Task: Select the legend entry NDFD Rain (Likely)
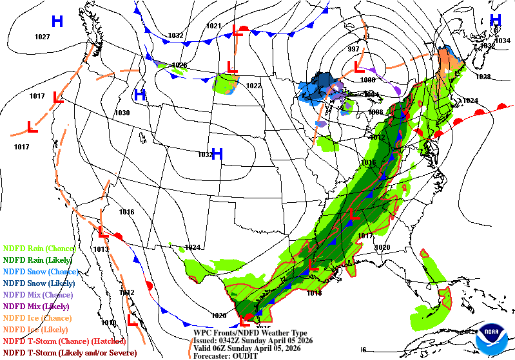click(x=40, y=260)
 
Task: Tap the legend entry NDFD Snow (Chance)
click(x=42, y=272)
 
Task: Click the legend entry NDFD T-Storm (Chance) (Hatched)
click(x=63, y=341)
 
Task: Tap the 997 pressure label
click(x=353, y=50)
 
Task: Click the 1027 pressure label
click(x=43, y=37)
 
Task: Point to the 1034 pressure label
click(x=503, y=41)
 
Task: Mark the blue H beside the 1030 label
click(x=139, y=96)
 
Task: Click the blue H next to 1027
click(x=57, y=22)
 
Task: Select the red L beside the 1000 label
click(x=359, y=67)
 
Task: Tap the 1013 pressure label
click(x=101, y=249)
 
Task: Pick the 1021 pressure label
click(x=213, y=26)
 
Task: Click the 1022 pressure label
click(x=254, y=86)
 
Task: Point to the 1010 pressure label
click(x=108, y=323)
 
